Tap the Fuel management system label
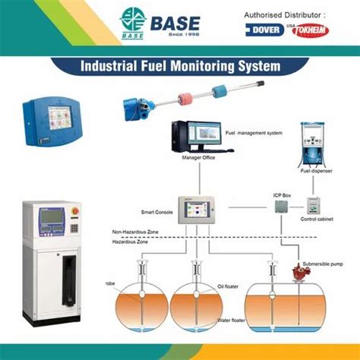click(x=254, y=133)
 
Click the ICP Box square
click(x=280, y=205)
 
